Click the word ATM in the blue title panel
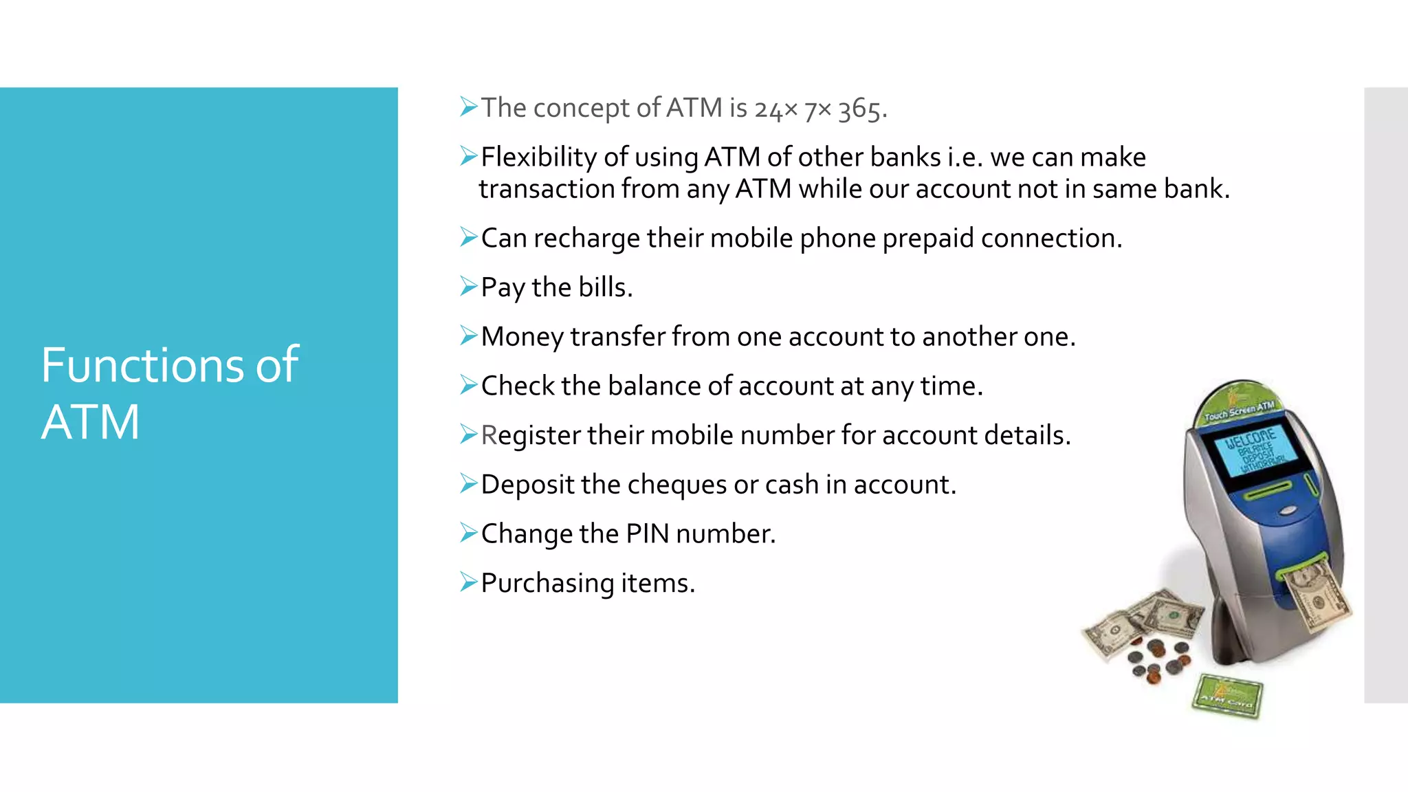pos(90,422)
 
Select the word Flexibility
pos(539,158)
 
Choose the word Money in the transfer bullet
pos(522,338)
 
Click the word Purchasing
pos(547,584)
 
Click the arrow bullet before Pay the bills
pos(468,286)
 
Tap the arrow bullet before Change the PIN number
pos(468,533)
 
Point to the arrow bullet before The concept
pos(468,107)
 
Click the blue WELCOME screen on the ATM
pos(1255,450)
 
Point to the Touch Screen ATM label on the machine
pos(1239,410)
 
